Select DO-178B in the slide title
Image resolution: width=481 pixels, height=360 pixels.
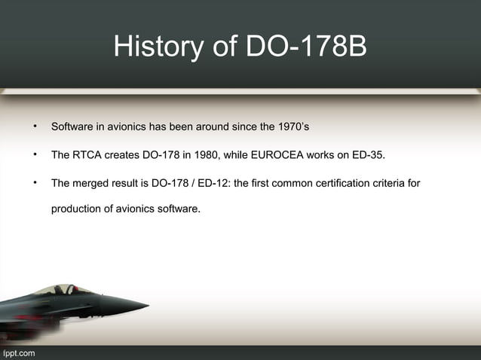pos(307,47)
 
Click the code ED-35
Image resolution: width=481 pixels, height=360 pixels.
pos(366,155)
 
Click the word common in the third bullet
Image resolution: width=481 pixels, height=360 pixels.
pos(293,184)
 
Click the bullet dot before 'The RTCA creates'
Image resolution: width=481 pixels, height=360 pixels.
pos(34,155)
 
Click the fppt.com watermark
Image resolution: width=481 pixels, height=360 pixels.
pos(18,353)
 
